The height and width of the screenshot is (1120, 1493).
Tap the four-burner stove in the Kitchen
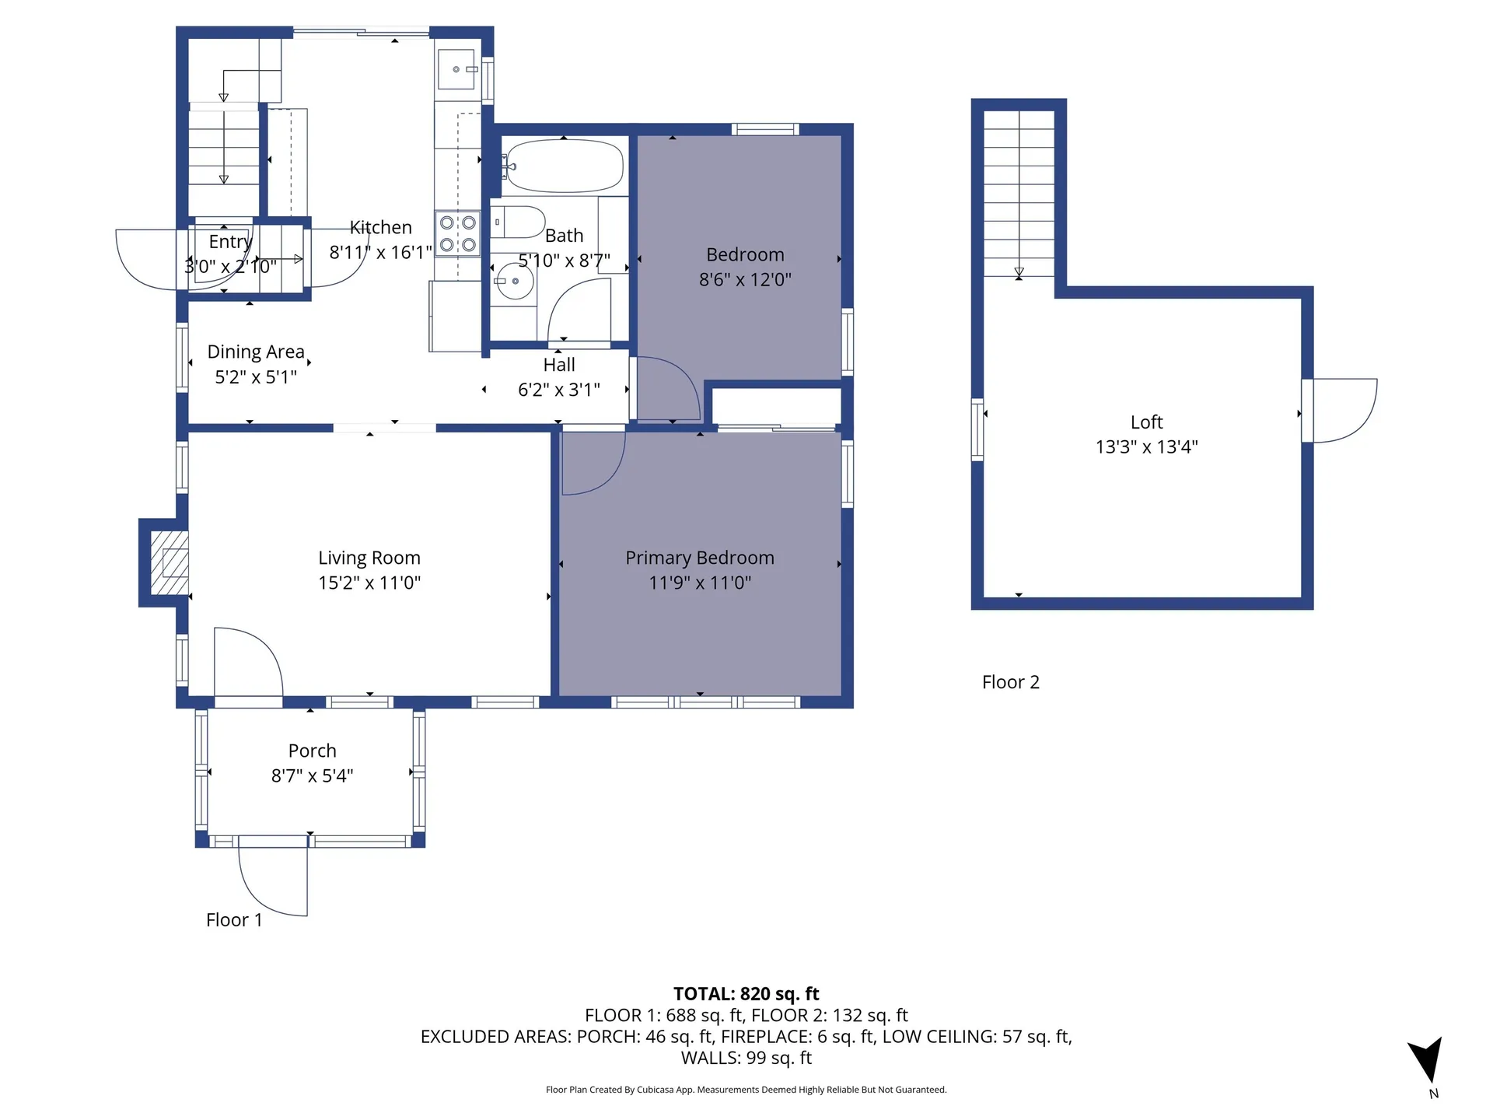(458, 233)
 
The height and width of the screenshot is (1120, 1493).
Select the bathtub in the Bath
(565, 166)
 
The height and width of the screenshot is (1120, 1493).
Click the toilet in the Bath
(519, 222)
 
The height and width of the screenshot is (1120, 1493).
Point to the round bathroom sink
(514, 281)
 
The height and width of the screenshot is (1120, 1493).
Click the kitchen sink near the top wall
(456, 69)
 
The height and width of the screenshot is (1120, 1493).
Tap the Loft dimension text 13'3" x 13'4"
(1146, 446)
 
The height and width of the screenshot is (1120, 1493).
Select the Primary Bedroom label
(699, 558)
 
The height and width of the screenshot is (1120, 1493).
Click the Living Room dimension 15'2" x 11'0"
(369, 583)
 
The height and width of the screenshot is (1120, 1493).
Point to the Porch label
(312, 751)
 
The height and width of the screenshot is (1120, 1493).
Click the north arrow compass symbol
(1428, 1060)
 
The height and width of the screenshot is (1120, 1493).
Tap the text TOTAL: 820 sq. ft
(746, 993)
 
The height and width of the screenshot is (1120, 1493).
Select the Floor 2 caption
(1010, 682)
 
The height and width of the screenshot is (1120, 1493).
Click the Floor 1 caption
(234, 920)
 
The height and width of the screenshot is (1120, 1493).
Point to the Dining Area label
(256, 352)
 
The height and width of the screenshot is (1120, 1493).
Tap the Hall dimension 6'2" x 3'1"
(559, 390)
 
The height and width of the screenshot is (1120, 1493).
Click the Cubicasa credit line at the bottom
(746, 1090)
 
